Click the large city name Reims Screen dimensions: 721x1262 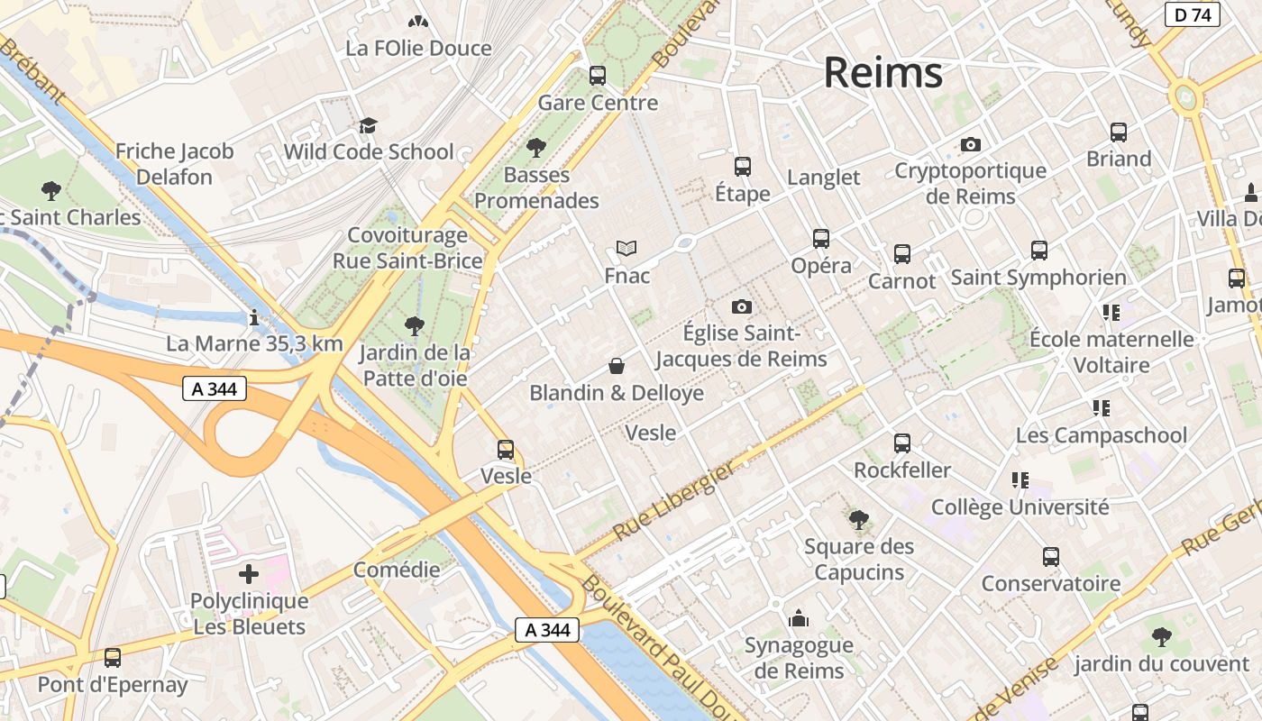click(882, 73)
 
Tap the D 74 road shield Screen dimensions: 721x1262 click(1192, 14)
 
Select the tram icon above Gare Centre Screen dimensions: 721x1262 click(597, 76)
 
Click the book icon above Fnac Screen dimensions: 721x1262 click(626, 248)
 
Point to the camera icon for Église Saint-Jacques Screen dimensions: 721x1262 click(741, 306)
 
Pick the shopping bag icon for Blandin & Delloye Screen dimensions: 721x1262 click(617, 366)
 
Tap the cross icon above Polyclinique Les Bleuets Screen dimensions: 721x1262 click(249, 573)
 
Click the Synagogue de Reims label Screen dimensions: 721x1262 click(799, 658)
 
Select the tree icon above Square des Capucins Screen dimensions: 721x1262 click(858, 519)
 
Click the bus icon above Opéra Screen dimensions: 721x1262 click(820, 239)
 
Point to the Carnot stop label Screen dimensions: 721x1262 click(901, 281)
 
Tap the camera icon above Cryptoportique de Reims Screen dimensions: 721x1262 click(970, 144)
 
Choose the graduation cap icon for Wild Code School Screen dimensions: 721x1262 click(368, 125)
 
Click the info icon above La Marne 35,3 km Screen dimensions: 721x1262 click(254, 317)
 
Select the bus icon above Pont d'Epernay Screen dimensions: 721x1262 click(113, 658)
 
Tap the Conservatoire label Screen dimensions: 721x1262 click(1050, 583)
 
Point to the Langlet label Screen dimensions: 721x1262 click(823, 178)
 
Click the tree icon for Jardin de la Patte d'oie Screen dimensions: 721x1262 click(415, 325)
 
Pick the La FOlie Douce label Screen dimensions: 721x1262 click(418, 48)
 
